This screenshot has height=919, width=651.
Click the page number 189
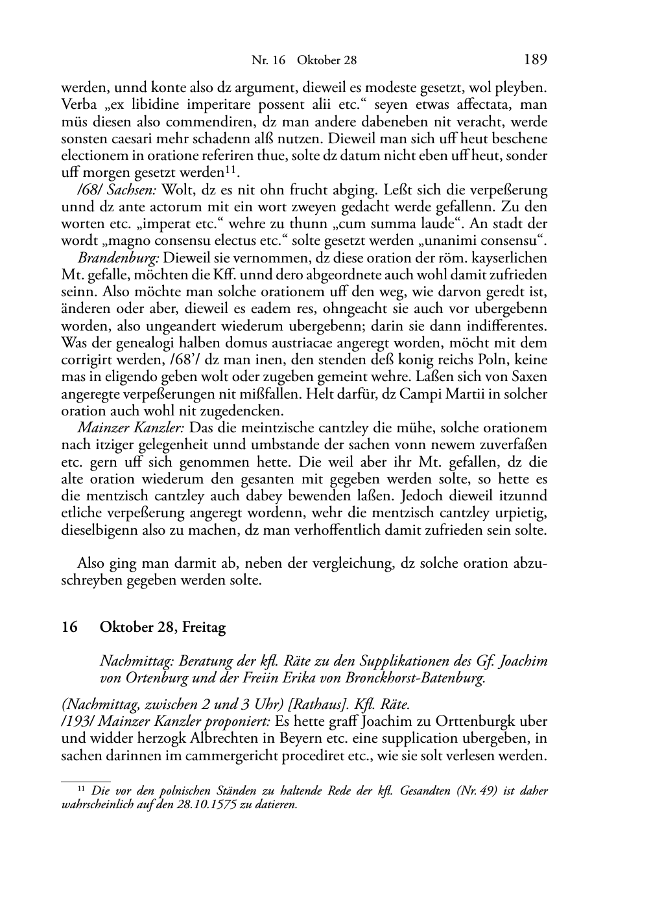pyautogui.click(x=536, y=60)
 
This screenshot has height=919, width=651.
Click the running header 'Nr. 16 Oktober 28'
pyautogui.click(x=304, y=60)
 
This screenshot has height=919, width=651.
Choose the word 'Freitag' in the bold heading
pyautogui.click(x=204, y=627)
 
